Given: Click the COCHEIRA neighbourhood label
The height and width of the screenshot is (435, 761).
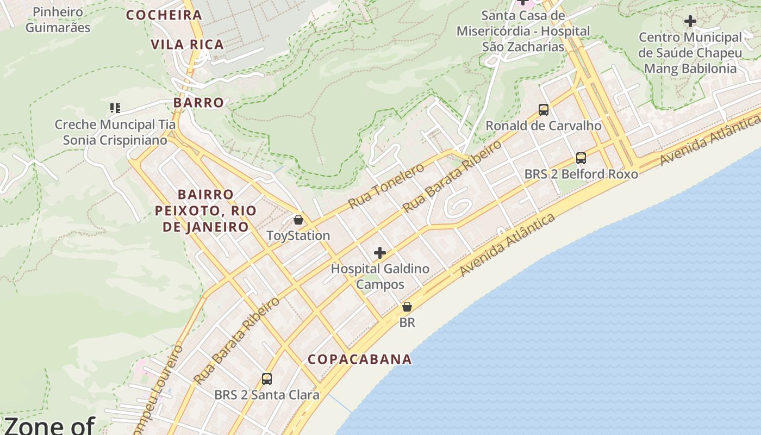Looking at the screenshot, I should (164, 15).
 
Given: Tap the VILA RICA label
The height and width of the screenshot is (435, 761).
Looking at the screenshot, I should (188, 45).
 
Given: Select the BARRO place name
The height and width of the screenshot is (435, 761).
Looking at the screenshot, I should (198, 102).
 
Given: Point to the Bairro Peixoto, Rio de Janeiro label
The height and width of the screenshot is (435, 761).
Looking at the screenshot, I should (205, 210).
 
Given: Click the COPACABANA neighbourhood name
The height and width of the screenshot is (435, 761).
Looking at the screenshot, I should (360, 359).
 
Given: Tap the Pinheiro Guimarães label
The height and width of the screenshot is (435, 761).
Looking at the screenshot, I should (58, 20).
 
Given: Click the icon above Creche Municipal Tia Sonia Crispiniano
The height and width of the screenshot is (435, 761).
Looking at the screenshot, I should (115, 108).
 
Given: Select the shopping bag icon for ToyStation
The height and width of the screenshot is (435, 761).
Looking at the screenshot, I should (298, 220).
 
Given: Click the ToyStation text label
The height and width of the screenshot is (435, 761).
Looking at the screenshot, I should (298, 235).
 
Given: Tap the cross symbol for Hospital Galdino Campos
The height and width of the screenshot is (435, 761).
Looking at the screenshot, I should (380, 253).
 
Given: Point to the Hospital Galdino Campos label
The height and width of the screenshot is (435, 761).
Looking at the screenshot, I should (380, 276).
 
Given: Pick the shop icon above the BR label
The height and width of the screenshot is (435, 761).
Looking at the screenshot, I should (407, 307).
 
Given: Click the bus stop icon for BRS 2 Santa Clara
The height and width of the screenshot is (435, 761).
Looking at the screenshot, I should (267, 379).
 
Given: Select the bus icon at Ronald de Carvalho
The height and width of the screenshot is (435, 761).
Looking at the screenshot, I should (544, 110).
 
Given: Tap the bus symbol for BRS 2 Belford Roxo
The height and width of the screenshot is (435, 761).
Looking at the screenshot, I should (581, 158).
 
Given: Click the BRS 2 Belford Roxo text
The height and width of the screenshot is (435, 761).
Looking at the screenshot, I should (581, 174).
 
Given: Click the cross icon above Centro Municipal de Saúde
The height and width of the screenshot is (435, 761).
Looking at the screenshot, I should (690, 21).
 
